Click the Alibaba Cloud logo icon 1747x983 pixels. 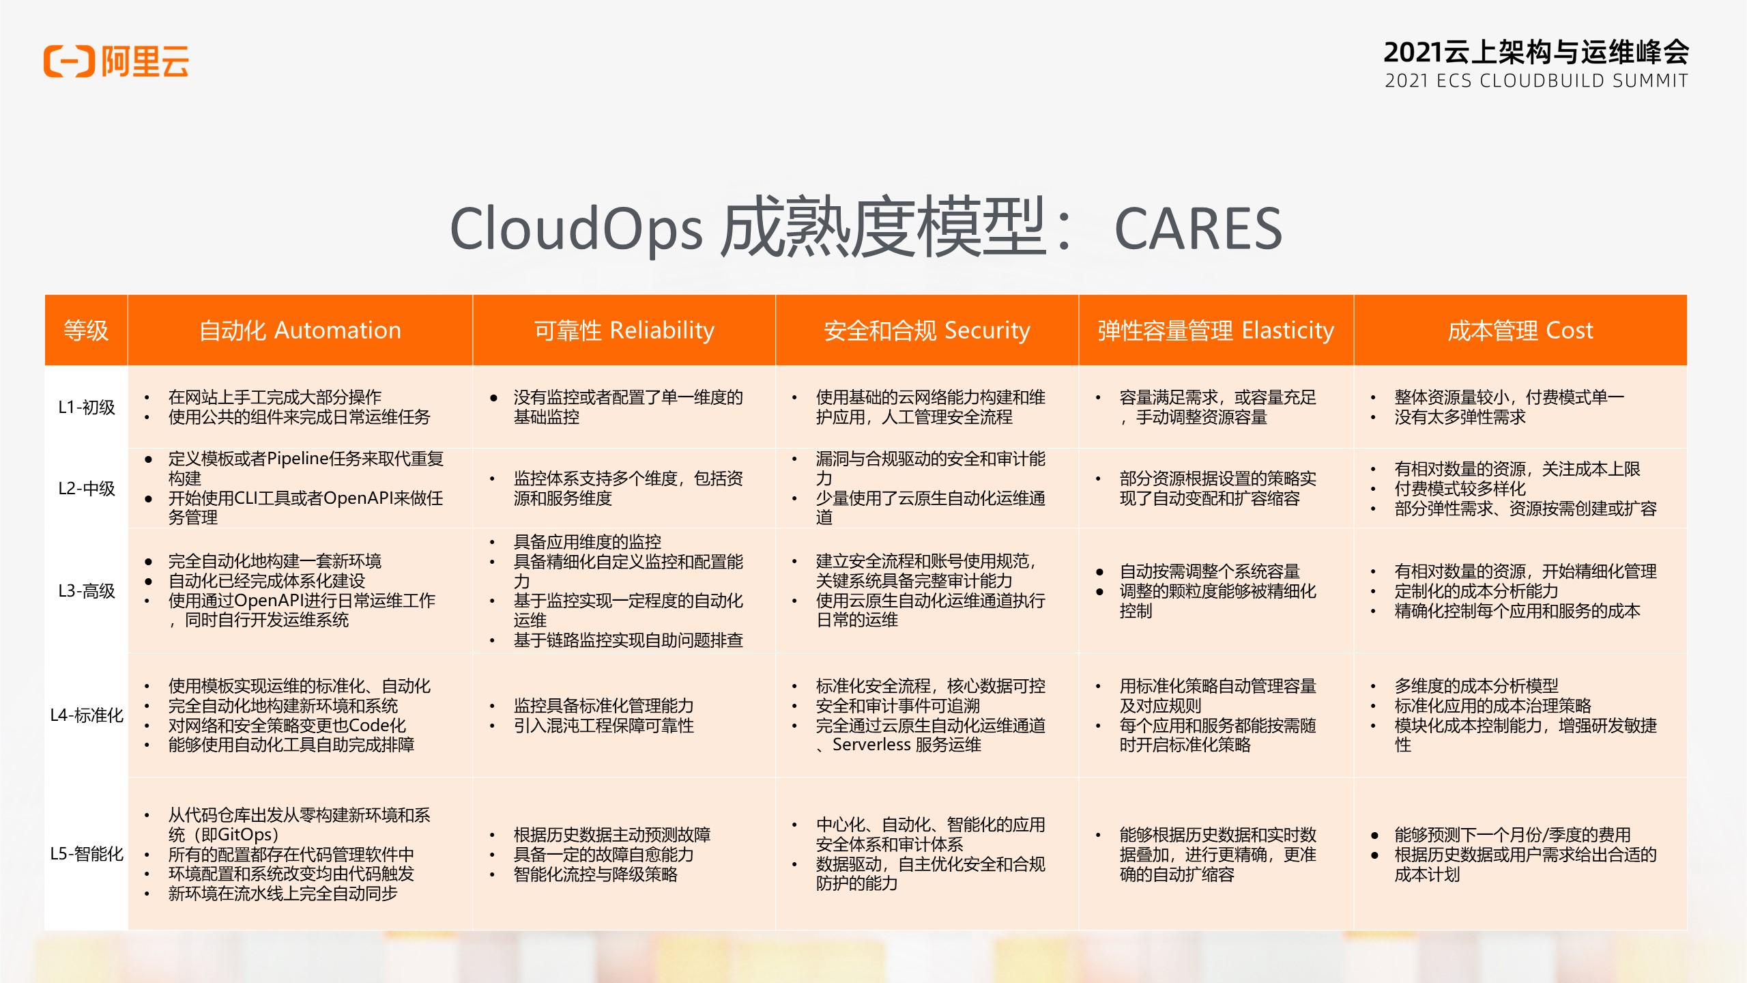coord(69,61)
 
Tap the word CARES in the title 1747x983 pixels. coord(1198,229)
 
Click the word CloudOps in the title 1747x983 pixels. coord(575,229)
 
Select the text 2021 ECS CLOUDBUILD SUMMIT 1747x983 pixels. coord(1536,81)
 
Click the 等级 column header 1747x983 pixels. coord(86,330)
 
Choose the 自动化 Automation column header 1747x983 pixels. coord(300,330)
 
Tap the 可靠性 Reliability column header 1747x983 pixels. coord(624,330)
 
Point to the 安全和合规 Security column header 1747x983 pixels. coord(927,330)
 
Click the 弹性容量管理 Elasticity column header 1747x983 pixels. coord(1215,330)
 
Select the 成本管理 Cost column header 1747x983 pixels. coord(1520,330)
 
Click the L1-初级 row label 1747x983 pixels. coord(86,408)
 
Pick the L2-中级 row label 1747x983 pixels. coord(86,489)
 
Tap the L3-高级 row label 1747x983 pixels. coord(86,591)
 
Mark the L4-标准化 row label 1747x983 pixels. coord(87,715)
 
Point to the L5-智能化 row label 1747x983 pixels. coord(87,854)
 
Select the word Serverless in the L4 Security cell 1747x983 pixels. coord(871,745)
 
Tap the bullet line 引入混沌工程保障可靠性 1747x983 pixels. coord(603,726)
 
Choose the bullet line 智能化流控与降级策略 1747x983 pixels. coord(595,874)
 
